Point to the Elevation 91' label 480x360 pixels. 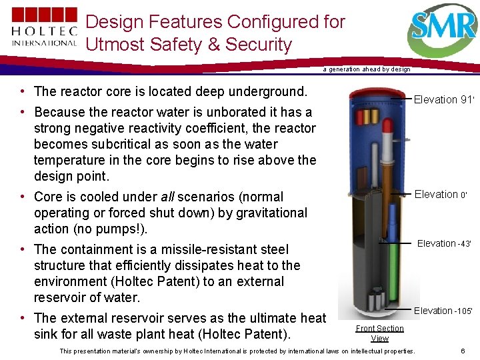click(x=443, y=100)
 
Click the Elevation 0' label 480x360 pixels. click(x=443, y=195)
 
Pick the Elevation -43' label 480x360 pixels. click(x=444, y=244)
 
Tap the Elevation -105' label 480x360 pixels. click(x=443, y=311)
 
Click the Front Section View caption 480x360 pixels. click(x=379, y=333)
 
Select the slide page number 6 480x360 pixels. click(x=463, y=351)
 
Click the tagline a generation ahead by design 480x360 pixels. click(x=366, y=69)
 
